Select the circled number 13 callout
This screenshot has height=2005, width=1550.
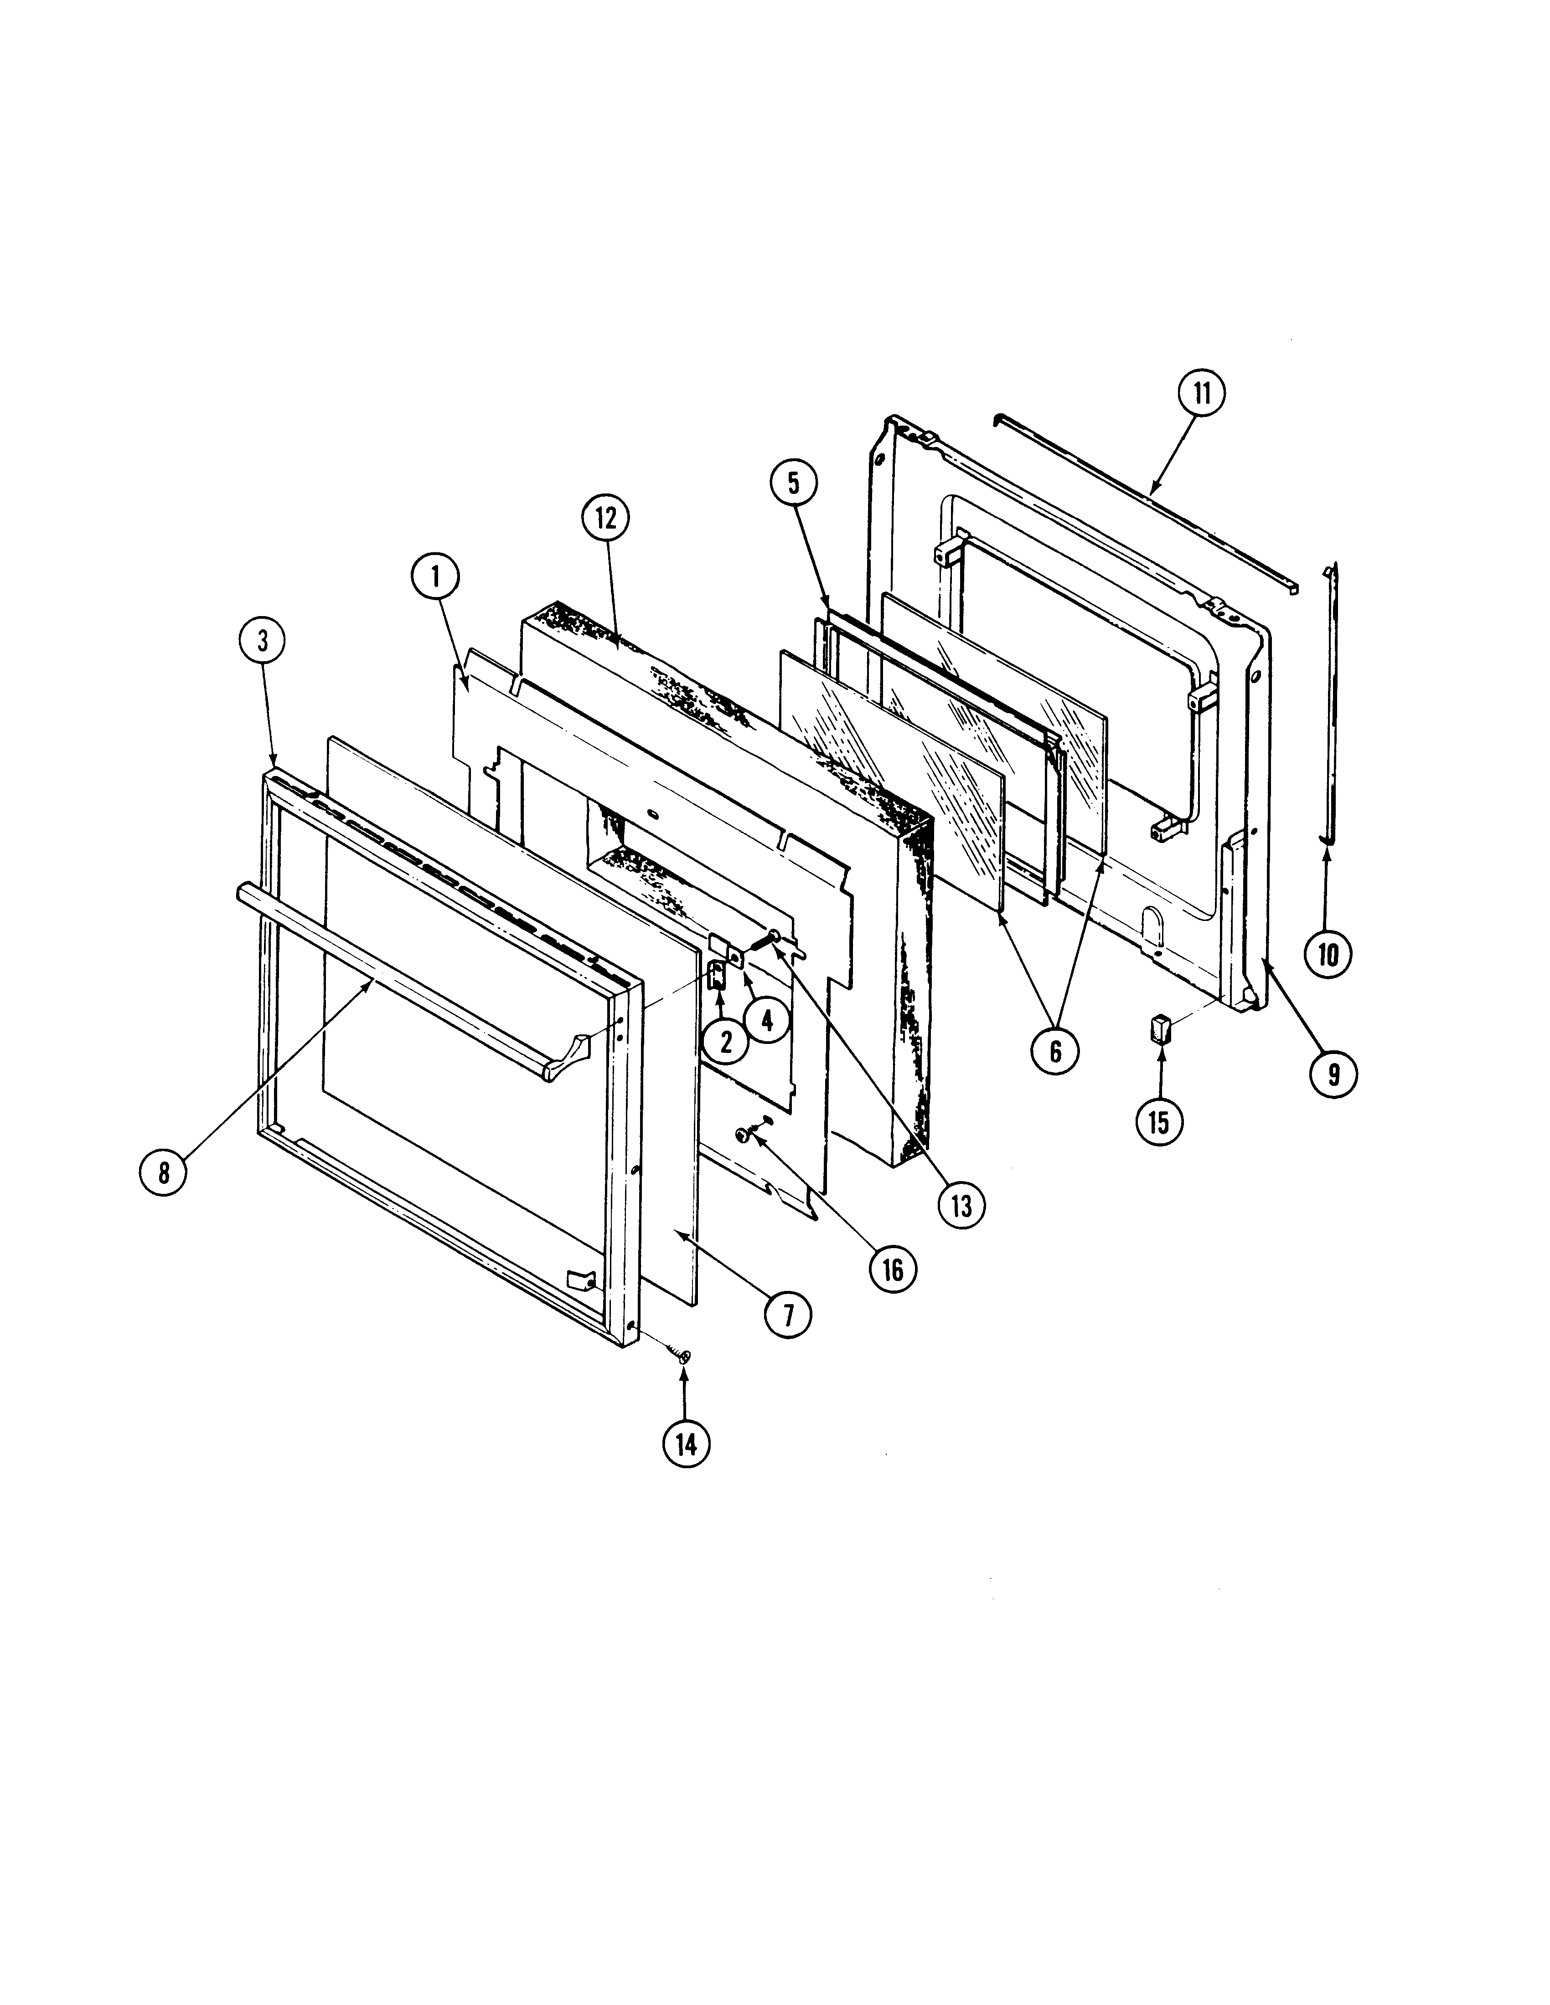[x=961, y=1204]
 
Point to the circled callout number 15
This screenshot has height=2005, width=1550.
[x=1159, y=1121]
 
